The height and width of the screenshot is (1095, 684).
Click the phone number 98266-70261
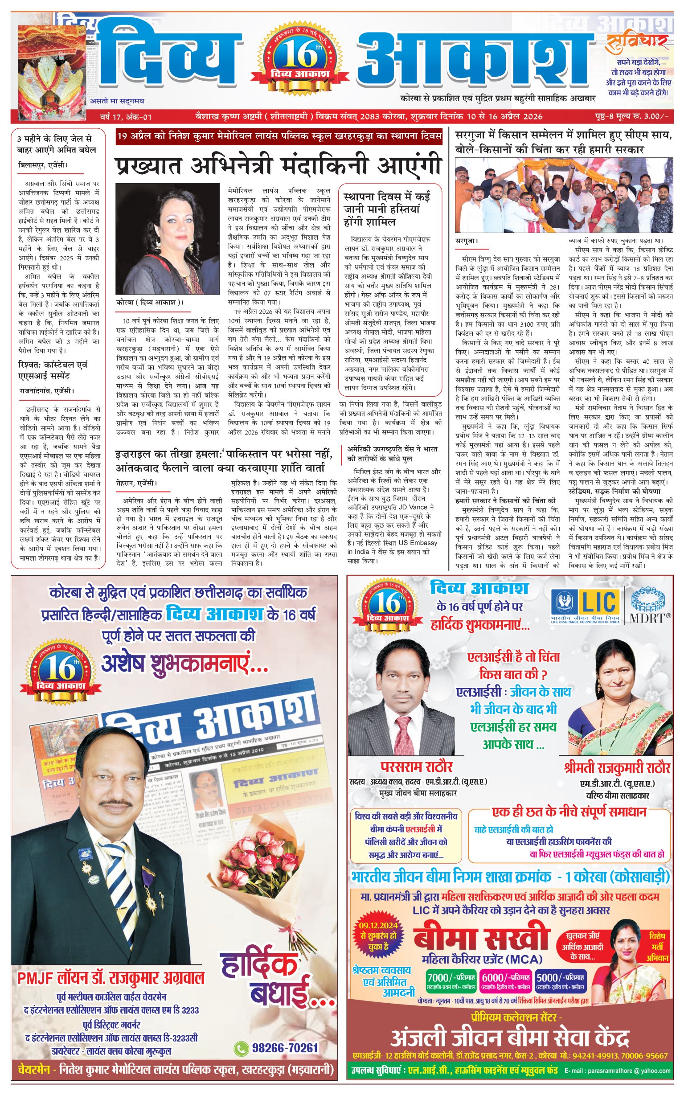285,1048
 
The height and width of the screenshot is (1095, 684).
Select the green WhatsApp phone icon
241,1048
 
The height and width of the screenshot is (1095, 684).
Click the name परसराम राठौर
416,767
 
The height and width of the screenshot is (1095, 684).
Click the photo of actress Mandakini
168,238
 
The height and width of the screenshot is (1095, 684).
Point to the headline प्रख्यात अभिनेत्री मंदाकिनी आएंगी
278,166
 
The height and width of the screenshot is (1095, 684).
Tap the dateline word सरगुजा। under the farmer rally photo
467,241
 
